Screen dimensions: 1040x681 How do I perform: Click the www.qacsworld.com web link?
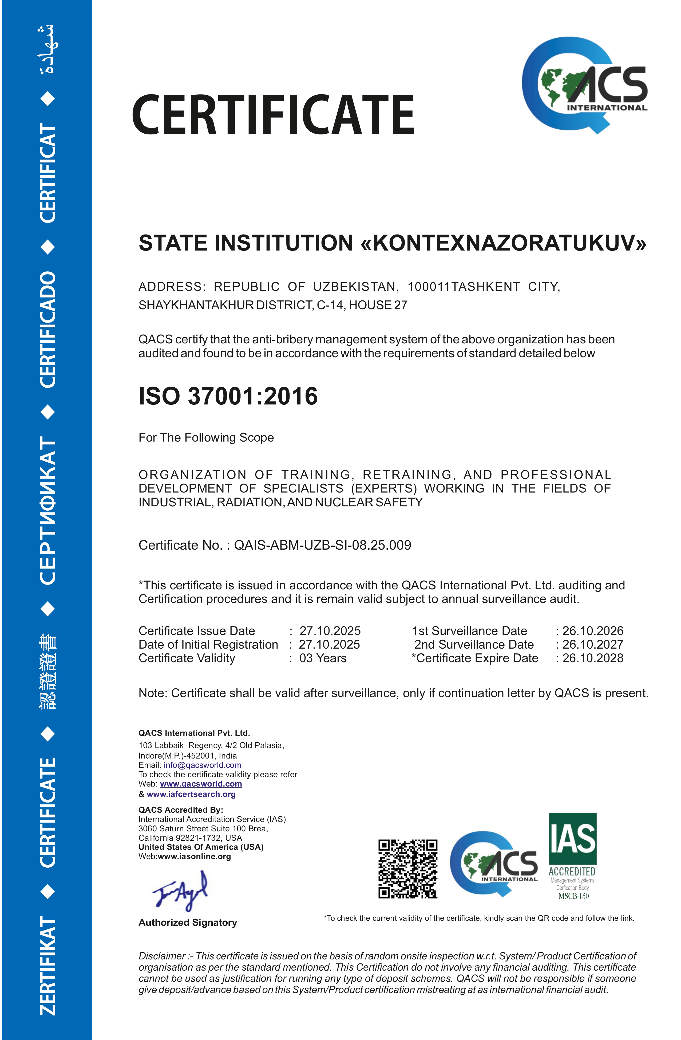click(201, 784)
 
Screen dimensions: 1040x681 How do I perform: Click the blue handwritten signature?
click(180, 890)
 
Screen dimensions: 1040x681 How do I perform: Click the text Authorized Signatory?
click(188, 922)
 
